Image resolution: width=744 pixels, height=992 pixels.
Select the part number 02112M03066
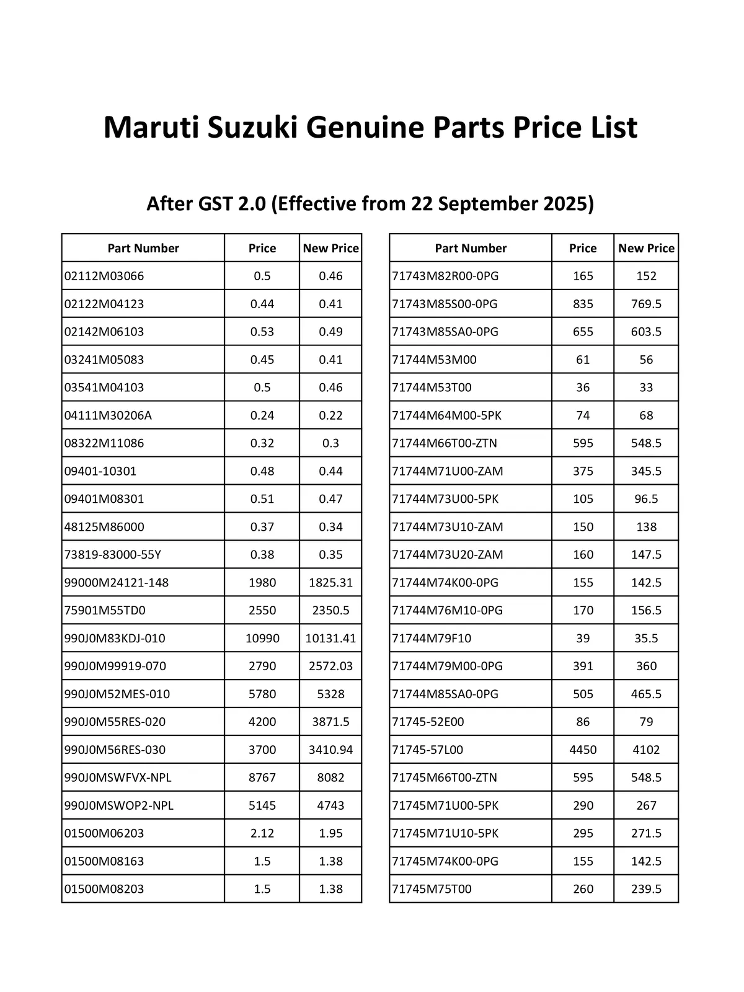[x=104, y=276]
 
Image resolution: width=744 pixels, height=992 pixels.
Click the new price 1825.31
[x=330, y=582]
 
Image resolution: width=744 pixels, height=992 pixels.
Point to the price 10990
[x=262, y=638]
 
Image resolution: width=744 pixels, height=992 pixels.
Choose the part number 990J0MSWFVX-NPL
[x=118, y=777]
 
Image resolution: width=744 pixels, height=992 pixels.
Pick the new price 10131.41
[x=330, y=638]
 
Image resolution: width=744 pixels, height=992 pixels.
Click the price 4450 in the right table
[x=583, y=750]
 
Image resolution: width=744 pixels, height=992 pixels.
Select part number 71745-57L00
[x=428, y=750]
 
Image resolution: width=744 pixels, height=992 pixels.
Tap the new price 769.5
[x=646, y=304]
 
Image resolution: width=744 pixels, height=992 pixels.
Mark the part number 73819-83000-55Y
[x=113, y=554]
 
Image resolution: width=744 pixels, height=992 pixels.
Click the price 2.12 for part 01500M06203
[x=262, y=833]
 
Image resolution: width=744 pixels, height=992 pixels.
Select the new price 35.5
[x=646, y=638]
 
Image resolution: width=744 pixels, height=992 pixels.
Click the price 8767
[x=262, y=777]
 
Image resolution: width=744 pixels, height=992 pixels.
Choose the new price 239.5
[x=646, y=888]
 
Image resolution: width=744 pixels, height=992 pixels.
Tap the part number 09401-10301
[x=100, y=471]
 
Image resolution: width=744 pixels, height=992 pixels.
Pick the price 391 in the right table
[x=583, y=666]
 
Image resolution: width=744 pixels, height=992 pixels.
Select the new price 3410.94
[x=330, y=750]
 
